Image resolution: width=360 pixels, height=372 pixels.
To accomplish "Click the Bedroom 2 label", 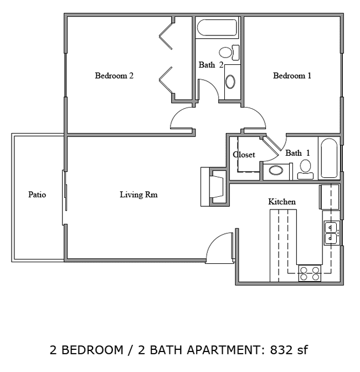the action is [114, 76].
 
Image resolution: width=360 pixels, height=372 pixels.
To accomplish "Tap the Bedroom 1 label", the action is [292, 76].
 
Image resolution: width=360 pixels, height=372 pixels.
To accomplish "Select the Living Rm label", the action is [138, 195].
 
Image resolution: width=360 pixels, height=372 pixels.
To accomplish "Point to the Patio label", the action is [37, 195].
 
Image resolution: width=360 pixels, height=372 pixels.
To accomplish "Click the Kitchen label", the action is [282, 202].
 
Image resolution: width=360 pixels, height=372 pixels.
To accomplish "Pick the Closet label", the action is [244, 155].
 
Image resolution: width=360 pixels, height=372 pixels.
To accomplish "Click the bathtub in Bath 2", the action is [217, 28].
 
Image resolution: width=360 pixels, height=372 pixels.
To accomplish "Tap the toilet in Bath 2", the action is [229, 53].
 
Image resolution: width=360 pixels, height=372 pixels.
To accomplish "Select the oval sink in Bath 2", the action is [230, 82].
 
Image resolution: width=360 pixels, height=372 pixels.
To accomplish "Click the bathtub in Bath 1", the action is [329, 158].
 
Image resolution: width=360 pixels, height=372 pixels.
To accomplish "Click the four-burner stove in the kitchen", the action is [310, 273].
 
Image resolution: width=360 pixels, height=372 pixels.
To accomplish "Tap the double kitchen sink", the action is [331, 233].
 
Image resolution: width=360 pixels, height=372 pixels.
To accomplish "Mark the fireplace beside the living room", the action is [215, 187].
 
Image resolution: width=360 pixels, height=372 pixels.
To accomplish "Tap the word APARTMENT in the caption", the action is [225, 350].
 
